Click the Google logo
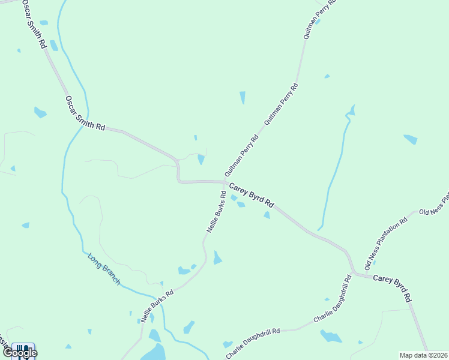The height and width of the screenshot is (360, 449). (20, 353)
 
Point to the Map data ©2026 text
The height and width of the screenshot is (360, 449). (423, 355)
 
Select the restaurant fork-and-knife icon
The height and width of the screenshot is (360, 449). (23, 349)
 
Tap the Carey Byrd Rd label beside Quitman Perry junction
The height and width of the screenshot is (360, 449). (251, 194)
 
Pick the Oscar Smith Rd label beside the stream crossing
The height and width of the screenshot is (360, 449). (85, 113)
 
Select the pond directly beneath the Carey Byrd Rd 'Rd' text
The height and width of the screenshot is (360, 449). (266, 215)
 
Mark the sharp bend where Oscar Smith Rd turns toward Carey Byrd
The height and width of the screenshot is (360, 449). (178, 162)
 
